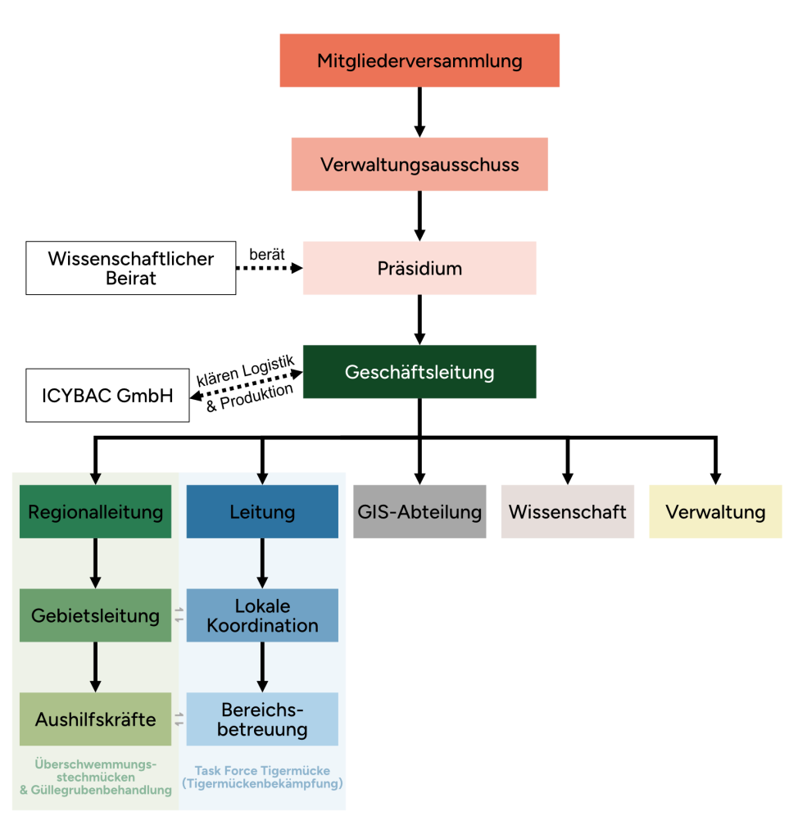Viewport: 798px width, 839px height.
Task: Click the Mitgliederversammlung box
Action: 419,61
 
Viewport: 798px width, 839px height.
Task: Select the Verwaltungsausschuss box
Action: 419,165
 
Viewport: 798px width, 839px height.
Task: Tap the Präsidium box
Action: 419,268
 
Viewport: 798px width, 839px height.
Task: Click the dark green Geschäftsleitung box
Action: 419,372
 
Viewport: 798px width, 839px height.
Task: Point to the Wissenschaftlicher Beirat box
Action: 131,268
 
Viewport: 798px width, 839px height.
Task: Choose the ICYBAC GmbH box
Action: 107,396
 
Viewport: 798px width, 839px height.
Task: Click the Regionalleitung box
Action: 95,512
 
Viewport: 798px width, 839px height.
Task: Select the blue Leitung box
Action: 262,512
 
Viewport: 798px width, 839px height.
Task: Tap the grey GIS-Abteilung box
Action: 419,512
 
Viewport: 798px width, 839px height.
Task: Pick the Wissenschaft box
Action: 568,512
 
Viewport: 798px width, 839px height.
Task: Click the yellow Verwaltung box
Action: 715,512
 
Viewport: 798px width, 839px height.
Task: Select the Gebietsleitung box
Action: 95,615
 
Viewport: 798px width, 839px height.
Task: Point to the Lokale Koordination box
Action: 262,615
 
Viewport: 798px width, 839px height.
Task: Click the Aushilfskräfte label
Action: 95,719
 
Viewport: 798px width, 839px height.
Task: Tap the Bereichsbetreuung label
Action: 262,719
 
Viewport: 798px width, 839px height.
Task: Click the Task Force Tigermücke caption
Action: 262,777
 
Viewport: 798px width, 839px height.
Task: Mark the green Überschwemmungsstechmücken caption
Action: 95,777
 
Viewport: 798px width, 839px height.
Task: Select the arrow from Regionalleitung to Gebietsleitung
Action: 95,563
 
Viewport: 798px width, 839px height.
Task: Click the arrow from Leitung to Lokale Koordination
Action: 262,563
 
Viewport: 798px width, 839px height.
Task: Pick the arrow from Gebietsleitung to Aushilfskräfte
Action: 95,667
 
